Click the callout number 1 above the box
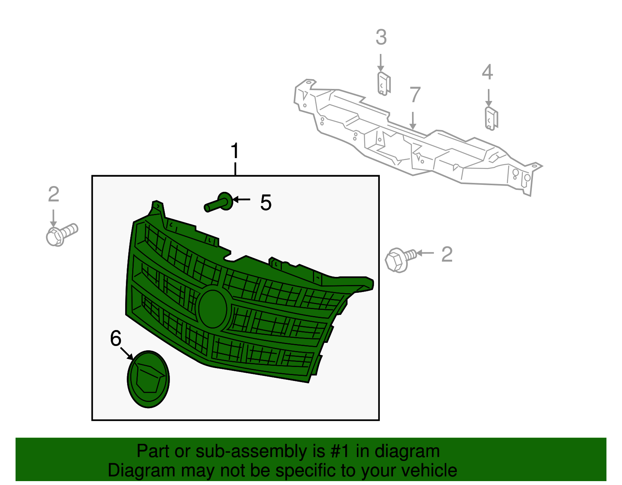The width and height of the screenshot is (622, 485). [x=235, y=151]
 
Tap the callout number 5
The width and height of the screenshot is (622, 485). [x=266, y=203]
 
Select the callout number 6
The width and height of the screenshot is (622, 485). [x=116, y=339]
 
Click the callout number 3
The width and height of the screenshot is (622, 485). [x=381, y=38]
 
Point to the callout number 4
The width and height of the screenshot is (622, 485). [x=487, y=73]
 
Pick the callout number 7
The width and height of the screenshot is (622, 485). [x=415, y=95]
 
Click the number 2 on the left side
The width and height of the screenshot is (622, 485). [x=54, y=195]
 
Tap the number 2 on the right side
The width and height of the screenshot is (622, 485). [x=447, y=255]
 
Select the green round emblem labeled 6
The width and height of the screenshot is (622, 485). [x=148, y=379]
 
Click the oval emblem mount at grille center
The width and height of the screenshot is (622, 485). [x=213, y=309]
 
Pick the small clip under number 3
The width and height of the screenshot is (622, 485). [x=383, y=83]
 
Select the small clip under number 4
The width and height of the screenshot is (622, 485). [x=491, y=118]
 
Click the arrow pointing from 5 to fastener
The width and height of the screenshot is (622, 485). [x=242, y=200]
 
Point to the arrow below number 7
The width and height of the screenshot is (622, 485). [x=413, y=120]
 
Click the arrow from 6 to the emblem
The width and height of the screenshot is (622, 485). [x=126, y=353]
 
